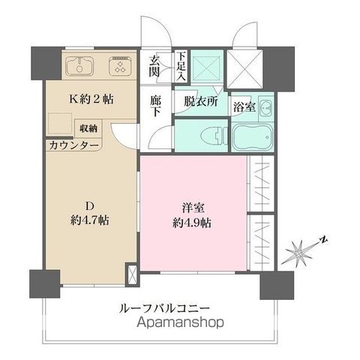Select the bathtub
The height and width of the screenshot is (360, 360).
pyautogui.click(x=253, y=137)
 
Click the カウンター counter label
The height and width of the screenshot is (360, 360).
pyautogui.click(x=73, y=145)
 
